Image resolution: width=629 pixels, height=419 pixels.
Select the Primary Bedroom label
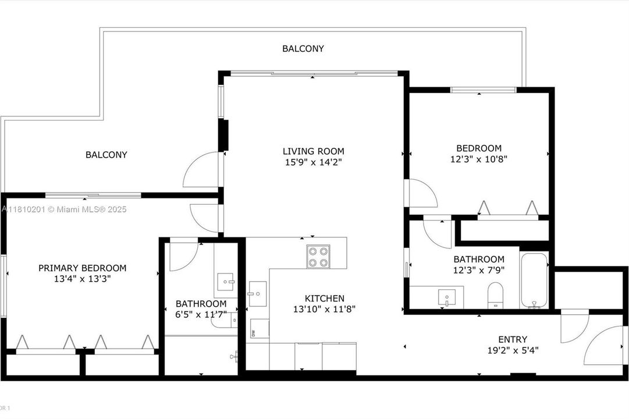tap(82, 268)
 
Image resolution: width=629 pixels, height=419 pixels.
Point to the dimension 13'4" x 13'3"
tap(82, 279)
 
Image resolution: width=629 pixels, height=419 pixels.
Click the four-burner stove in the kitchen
tap(317, 257)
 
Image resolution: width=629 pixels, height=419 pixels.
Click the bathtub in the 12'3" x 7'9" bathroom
tap(534, 281)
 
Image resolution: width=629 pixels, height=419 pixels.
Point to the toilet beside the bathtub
tap(496, 294)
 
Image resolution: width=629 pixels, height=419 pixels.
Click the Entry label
tap(513, 339)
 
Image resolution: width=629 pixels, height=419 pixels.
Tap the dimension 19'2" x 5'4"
tap(513, 350)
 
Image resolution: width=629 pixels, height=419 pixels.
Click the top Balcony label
tap(303, 49)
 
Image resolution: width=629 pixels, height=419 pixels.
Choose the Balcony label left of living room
tap(106, 155)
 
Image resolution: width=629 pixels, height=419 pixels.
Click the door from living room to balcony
tap(202, 170)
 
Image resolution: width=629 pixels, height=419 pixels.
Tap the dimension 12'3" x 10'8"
tap(479, 159)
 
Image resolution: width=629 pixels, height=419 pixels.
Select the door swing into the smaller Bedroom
tap(422, 193)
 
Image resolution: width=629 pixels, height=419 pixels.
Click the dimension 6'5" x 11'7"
tap(201, 314)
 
